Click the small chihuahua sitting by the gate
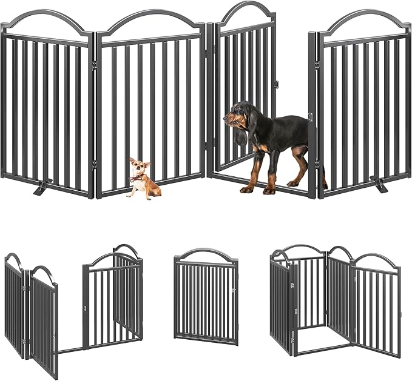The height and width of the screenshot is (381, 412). pyautogui.click(x=144, y=180)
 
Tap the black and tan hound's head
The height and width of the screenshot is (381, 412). pyautogui.click(x=238, y=115)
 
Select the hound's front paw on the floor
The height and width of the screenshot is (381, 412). pyautogui.click(x=247, y=189)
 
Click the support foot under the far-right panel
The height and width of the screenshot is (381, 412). pyautogui.click(x=379, y=185)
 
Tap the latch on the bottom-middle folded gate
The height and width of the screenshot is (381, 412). pyautogui.click(x=232, y=292)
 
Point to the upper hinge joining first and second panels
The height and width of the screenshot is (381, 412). pyautogui.click(x=95, y=62)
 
